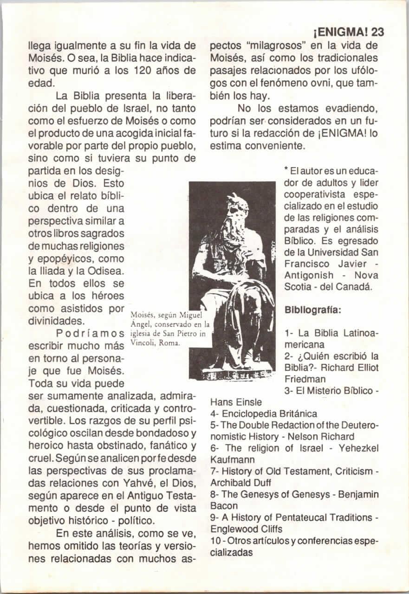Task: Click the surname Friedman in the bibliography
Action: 305,379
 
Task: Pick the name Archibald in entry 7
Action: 231,482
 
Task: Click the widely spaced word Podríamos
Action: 90,334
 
